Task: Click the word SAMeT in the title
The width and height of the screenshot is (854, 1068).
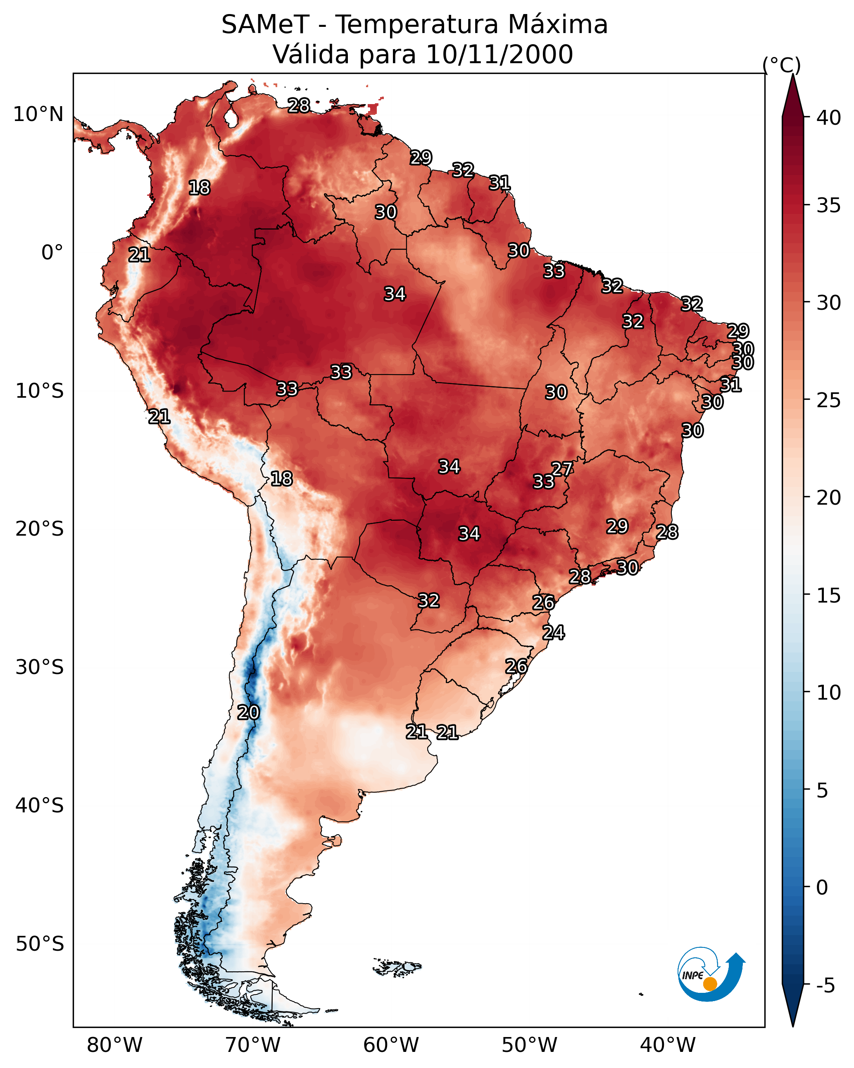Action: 265,25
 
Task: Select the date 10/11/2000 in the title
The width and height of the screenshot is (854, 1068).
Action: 499,55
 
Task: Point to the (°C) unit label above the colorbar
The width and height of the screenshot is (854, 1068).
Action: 781,65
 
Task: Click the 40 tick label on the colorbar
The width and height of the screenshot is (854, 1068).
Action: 829,118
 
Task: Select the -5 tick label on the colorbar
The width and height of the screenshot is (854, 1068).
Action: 825,986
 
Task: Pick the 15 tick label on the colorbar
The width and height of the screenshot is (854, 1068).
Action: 829,596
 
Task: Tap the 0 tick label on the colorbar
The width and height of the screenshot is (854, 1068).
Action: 822,888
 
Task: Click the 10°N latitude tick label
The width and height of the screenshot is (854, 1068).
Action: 38,114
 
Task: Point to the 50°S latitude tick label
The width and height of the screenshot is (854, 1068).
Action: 40,944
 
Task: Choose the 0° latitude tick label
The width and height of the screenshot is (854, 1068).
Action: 52,253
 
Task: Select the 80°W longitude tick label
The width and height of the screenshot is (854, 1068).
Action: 114,1045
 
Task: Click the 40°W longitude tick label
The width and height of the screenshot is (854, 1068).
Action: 668,1045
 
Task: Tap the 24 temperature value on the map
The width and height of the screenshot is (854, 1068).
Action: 553,633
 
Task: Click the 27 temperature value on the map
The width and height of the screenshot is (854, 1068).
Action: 562,469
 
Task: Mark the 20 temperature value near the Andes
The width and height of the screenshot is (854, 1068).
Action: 248,712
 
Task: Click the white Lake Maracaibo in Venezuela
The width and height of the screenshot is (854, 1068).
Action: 231,116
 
